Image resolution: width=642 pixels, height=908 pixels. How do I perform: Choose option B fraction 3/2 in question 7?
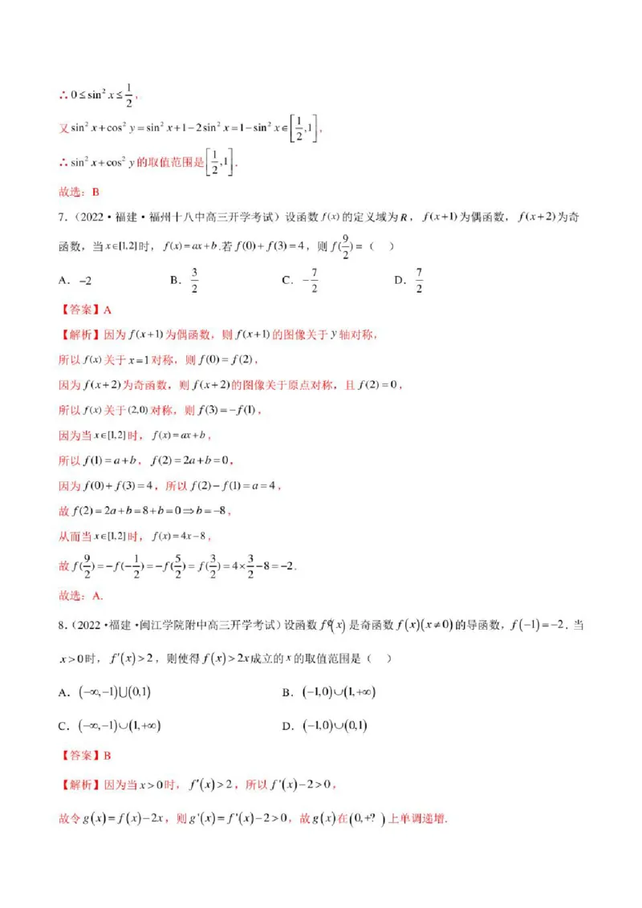[x=194, y=280]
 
